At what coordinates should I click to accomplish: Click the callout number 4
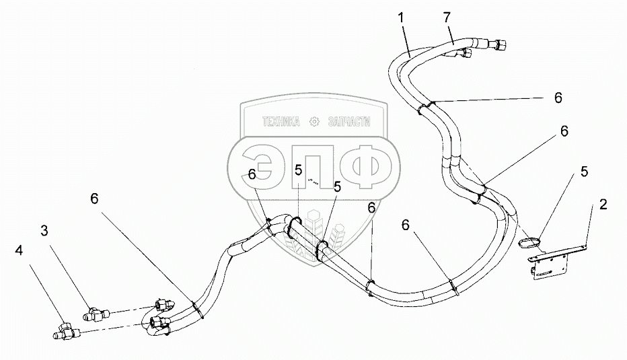click(19, 250)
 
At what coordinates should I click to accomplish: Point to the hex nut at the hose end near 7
click(500, 46)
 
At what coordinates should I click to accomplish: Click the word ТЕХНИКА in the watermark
click(276, 122)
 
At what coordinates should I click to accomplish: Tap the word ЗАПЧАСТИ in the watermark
click(348, 122)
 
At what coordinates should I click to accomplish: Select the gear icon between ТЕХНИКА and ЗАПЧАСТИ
click(312, 122)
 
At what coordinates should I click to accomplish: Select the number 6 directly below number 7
click(558, 98)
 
